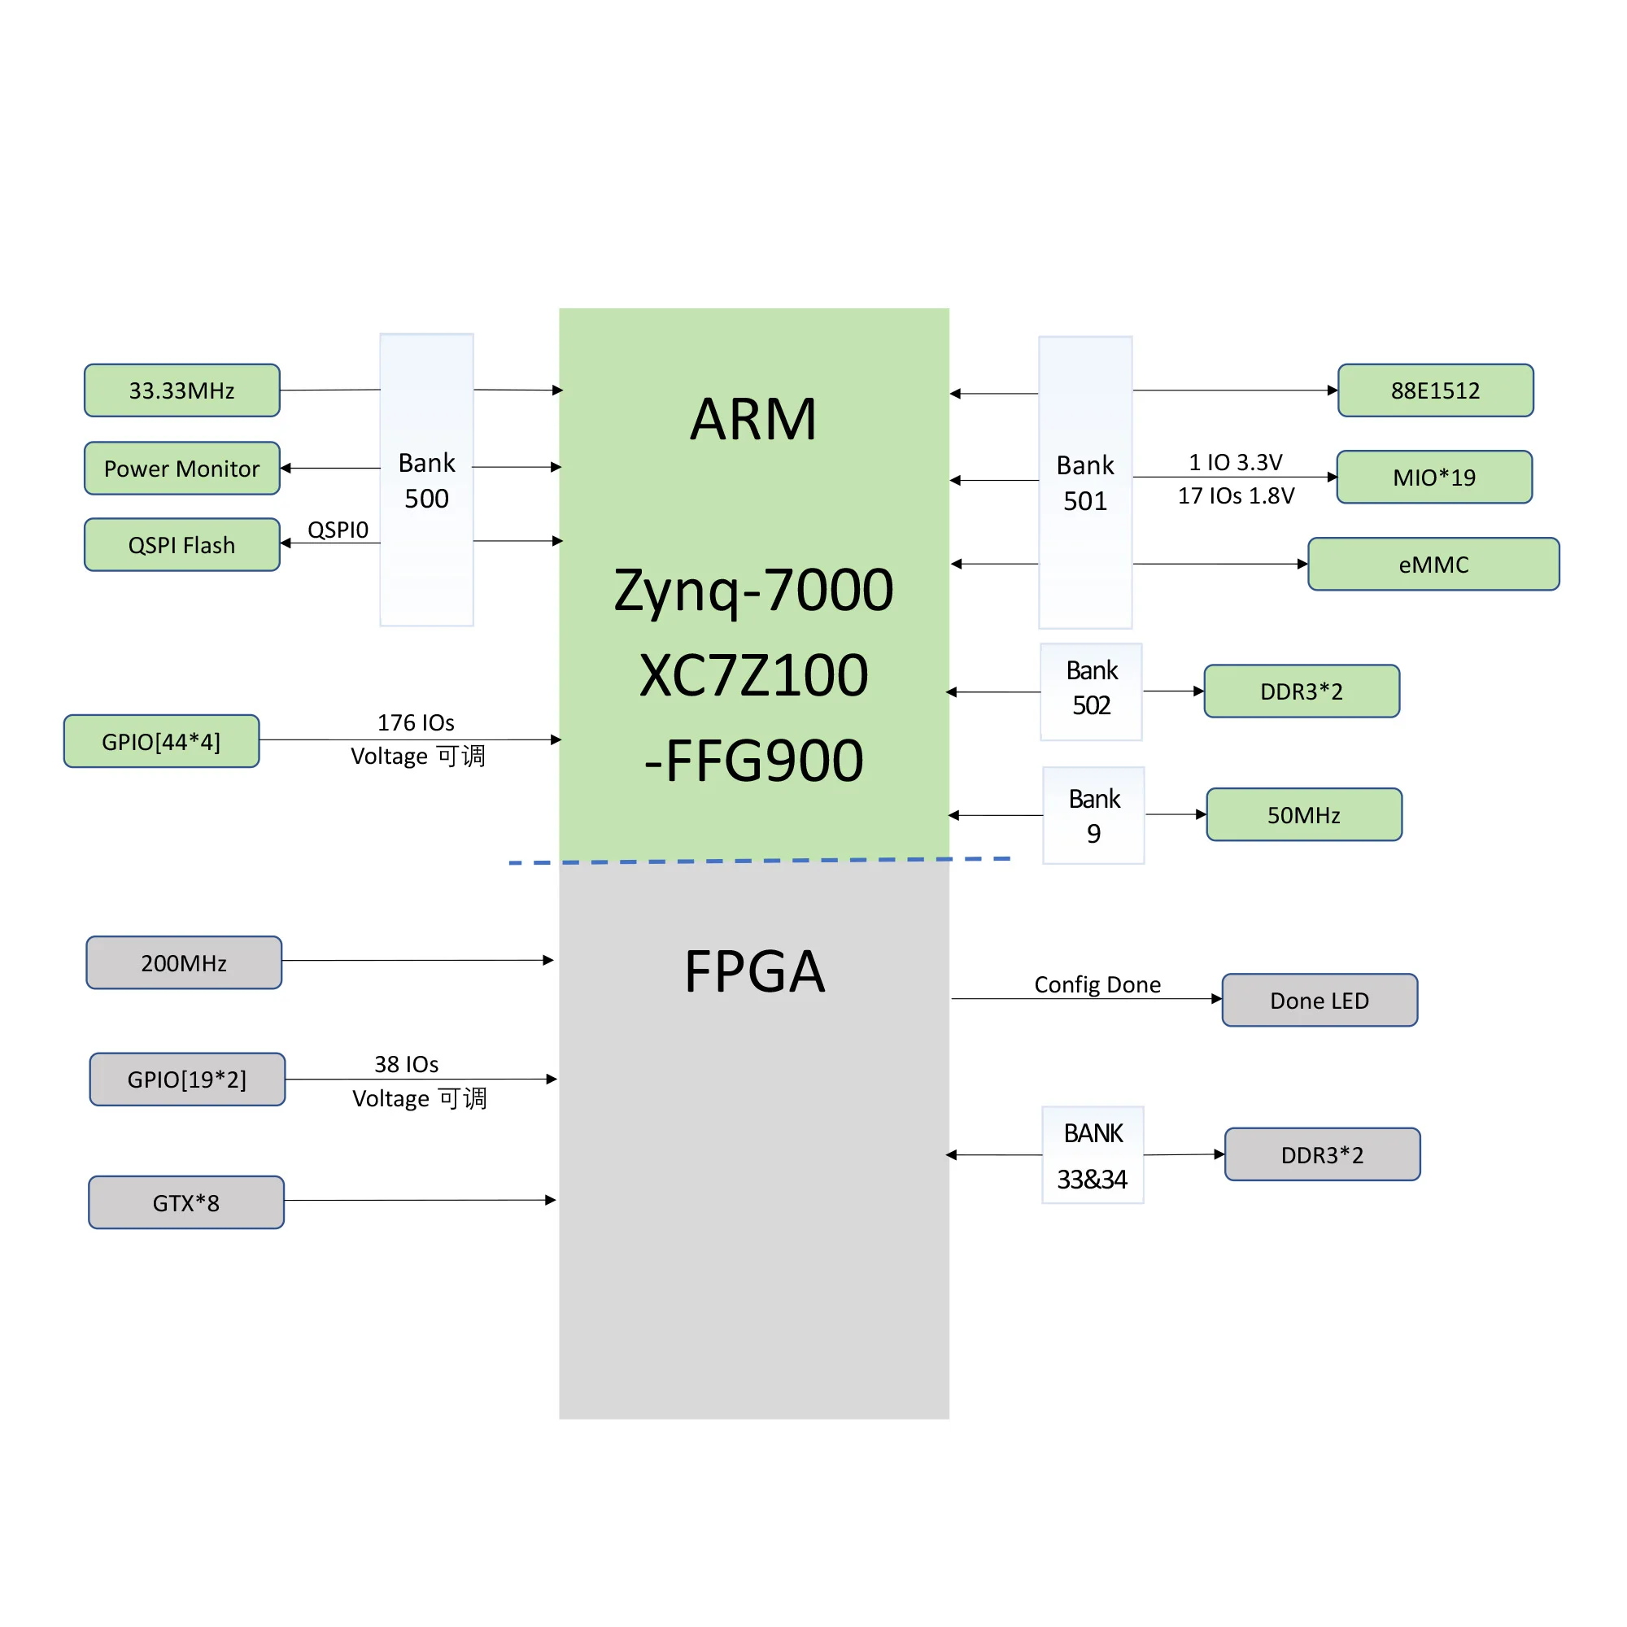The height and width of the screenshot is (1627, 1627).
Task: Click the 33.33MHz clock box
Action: [182, 390]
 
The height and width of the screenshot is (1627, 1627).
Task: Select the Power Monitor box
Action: [182, 469]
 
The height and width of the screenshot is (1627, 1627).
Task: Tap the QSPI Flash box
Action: [182, 545]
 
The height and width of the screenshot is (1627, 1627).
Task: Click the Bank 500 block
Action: [426, 480]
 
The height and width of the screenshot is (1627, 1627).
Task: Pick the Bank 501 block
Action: [1084, 482]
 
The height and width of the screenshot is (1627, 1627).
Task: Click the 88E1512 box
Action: [1435, 390]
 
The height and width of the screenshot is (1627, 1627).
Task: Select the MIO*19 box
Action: [1434, 478]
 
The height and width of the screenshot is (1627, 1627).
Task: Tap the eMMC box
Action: [1433, 565]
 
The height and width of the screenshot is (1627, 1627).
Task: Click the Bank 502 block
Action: [1091, 691]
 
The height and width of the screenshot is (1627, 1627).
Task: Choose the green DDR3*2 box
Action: [1301, 691]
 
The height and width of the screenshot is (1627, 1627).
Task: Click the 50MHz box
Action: [1303, 814]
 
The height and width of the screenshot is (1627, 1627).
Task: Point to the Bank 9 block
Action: [1093, 815]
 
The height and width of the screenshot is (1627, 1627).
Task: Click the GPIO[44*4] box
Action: [161, 741]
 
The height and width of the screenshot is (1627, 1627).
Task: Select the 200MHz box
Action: [184, 962]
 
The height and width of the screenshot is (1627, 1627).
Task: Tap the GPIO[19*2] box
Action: [187, 1079]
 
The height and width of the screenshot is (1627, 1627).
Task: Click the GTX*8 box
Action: [186, 1202]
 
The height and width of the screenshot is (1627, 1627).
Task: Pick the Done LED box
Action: [1319, 1000]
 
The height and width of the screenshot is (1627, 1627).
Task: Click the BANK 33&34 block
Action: [1093, 1154]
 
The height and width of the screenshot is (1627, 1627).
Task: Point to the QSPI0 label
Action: [338, 530]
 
